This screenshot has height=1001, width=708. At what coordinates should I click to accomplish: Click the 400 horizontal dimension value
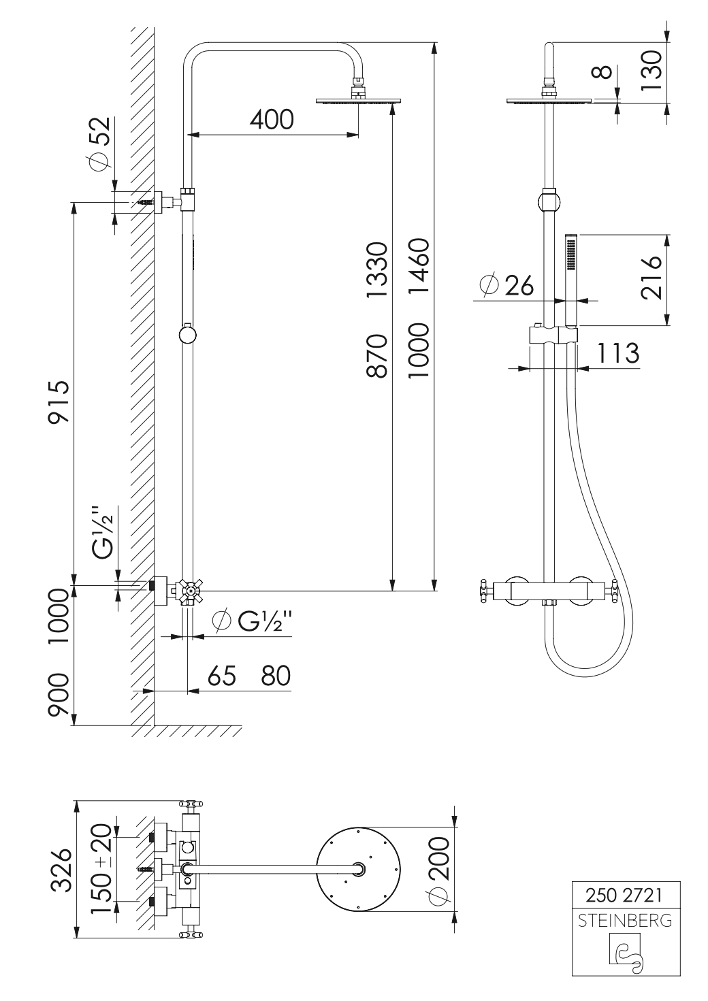point(272,119)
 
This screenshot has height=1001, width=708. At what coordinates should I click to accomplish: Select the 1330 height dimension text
point(376,269)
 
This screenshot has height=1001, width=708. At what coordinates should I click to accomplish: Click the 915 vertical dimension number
point(59,402)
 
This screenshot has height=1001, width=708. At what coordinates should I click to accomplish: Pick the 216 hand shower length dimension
point(651,277)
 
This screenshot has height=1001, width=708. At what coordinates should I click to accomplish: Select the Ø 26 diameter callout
point(506,285)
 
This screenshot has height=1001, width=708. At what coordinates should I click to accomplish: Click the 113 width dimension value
point(618,354)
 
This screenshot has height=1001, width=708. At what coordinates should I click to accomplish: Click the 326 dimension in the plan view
point(63,870)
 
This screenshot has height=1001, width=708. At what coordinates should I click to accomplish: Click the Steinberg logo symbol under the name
point(624,951)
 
